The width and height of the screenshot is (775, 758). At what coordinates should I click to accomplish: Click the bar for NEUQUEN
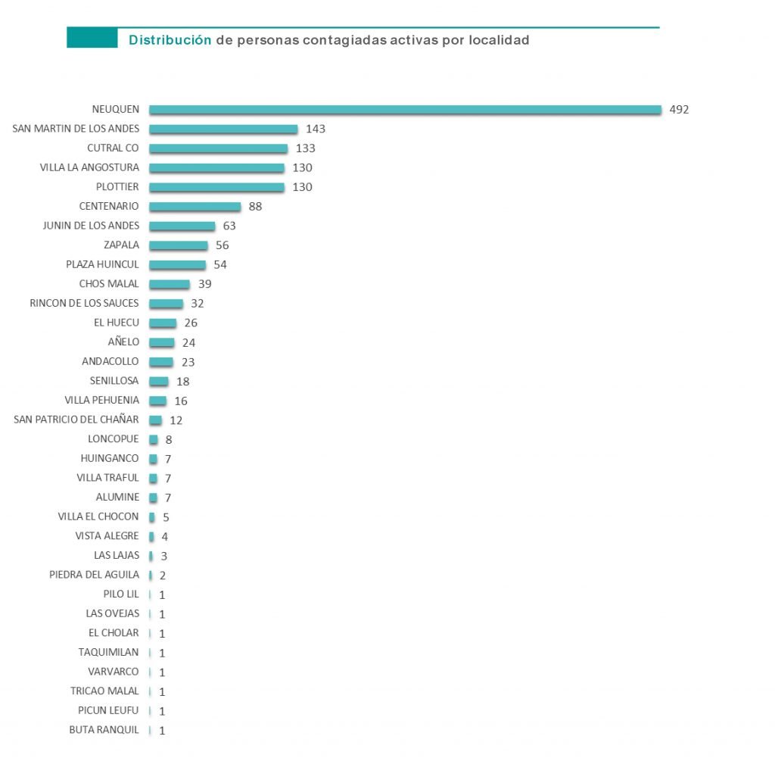(x=405, y=110)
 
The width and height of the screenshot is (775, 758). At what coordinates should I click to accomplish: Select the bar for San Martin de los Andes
(x=223, y=129)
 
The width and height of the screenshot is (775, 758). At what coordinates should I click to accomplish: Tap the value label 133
(x=306, y=148)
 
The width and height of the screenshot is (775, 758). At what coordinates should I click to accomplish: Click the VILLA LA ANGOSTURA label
(x=89, y=167)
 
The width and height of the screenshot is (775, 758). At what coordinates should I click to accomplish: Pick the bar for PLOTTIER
(x=216, y=187)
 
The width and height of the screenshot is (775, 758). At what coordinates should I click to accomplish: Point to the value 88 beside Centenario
(x=255, y=207)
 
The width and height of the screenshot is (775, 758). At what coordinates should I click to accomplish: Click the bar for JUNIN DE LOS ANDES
(x=182, y=226)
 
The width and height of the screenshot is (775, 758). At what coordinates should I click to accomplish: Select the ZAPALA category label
(x=121, y=245)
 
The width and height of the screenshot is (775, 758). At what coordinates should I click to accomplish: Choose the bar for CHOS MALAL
(x=170, y=284)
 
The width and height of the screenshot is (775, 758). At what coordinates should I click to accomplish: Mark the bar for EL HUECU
(x=163, y=323)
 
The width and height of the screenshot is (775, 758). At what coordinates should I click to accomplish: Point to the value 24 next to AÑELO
(x=189, y=342)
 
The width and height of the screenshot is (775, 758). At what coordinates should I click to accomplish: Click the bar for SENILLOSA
(x=159, y=381)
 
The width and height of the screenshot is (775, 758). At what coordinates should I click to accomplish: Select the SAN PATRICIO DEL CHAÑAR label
(x=76, y=420)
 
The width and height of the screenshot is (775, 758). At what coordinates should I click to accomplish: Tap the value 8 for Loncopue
(x=169, y=440)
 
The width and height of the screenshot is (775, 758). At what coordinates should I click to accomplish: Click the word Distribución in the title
(x=170, y=40)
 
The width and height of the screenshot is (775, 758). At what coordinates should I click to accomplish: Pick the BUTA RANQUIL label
(x=104, y=730)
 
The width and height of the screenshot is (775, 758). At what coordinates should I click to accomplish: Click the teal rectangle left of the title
(x=92, y=38)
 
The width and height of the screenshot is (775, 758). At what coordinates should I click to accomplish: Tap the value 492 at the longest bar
(x=680, y=110)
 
